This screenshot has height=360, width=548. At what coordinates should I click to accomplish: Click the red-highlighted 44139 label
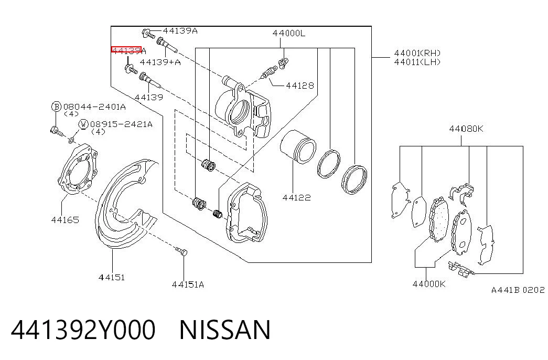click(x=126, y=50)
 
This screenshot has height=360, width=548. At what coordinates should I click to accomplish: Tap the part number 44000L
click(x=288, y=33)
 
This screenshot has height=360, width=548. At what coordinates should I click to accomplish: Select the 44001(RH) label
click(x=417, y=53)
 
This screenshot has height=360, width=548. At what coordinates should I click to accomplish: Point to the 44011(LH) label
click(x=417, y=62)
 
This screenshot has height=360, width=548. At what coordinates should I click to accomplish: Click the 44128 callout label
click(x=300, y=86)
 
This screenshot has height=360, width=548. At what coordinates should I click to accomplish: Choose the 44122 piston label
click(x=296, y=198)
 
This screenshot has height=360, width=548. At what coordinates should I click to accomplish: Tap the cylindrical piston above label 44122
click(x=298, y=146)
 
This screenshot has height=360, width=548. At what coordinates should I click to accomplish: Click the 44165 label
click(x=65, y=220)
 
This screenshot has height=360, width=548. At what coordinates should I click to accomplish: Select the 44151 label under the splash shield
click(x=112, y=278)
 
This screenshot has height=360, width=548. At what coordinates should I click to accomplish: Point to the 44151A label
click(x=188, y=285)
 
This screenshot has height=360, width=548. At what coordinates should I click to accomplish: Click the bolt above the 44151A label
click(x=180, y=251)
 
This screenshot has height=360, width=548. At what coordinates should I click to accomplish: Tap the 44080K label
click(x=466, y=129)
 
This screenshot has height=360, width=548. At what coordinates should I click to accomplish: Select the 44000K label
click(x=429, y=284)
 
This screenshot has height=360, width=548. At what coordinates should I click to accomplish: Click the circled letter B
click(x=56, y=107)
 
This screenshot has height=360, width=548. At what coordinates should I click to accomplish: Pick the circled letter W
click(x=83, y=124)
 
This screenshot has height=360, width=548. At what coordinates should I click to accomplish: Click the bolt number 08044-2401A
click(x=94, y=107)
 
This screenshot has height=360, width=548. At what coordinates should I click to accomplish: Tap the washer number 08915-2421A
click(x=121, y=124)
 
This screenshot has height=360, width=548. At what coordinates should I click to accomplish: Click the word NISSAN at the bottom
click(x=225, y=330)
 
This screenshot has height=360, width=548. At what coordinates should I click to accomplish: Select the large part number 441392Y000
click(x=83, y=330)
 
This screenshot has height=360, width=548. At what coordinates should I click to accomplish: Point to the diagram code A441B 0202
click(x=518, y=290)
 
